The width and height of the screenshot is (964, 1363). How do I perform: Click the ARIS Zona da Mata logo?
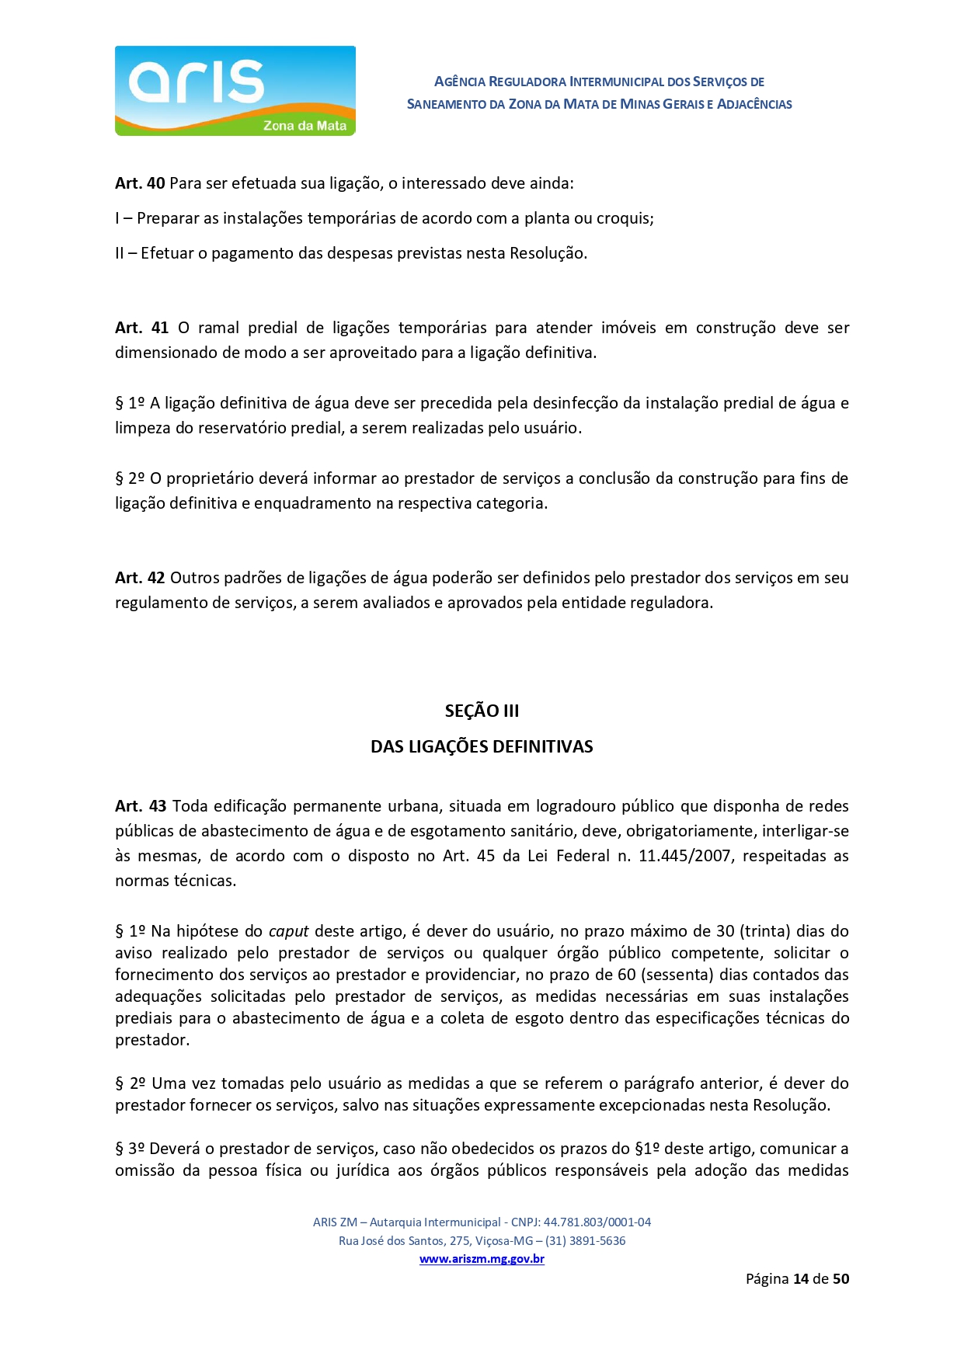[x=235, y=91]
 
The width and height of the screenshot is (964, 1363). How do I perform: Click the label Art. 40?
[x=140, y=183]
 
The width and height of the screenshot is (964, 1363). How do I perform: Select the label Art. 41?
[x=141, y=328]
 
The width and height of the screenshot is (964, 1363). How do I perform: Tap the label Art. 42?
[x=140, y=578]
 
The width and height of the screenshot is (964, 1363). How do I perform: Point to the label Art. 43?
[x=141, y=806]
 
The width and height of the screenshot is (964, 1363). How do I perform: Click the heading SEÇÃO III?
[x=482, y=711]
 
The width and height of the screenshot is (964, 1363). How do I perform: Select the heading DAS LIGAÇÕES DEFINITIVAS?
[x=482, y=746]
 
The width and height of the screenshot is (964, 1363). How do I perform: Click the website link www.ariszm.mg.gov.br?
[x=482, y=1259]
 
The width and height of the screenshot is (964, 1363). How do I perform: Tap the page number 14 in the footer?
[x=801, y=1278]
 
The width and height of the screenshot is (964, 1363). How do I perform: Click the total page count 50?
[x=840, y=1278]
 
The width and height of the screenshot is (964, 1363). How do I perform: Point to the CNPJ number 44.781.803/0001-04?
[x=597, y=1222]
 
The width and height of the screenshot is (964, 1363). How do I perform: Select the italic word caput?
[x=288, y=930]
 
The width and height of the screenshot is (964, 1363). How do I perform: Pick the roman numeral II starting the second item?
[x=120, y=253]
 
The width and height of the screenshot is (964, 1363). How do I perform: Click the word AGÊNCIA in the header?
[x=459, y=82]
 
